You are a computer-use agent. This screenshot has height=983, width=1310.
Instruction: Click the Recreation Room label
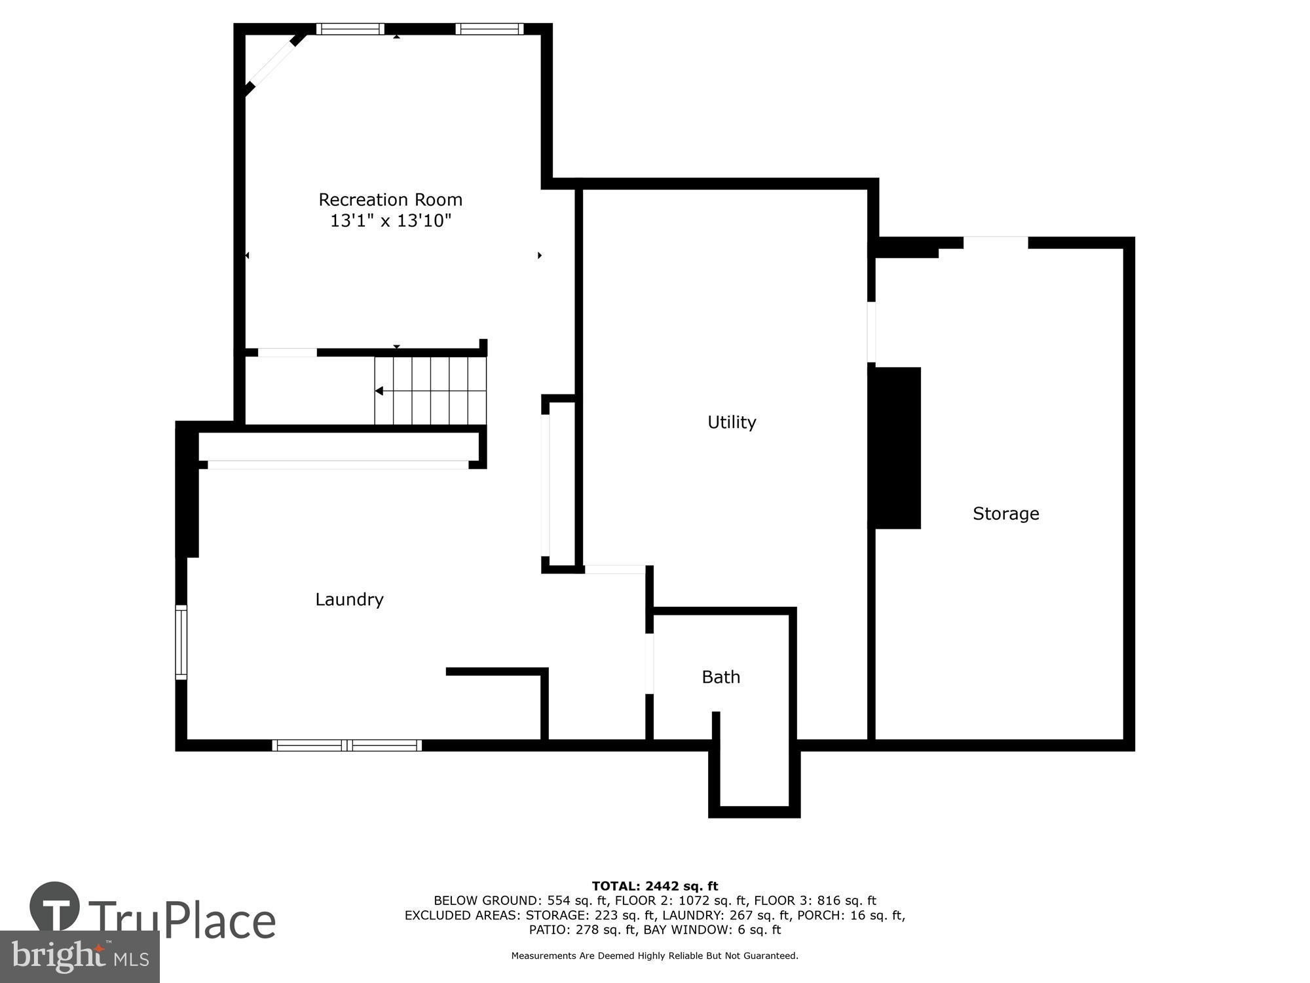click(390, 199)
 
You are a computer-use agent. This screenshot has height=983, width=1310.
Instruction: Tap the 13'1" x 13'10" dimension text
click(390, 221)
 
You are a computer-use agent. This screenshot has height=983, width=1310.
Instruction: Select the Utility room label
click(732, 422)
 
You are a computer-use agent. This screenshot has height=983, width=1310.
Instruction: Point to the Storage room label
click(1005, 514)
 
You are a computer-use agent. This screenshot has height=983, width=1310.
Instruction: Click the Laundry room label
click(349, 600)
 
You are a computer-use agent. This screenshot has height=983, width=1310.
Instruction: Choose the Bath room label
click(720, 677)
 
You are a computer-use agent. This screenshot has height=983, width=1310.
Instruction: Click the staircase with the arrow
click(430, 391)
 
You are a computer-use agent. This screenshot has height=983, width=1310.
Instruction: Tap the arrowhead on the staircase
click(379, 391)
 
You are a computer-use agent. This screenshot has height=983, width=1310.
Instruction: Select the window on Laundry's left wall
click(181, 642)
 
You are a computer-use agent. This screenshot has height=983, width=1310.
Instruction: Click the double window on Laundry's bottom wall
click(347, 745)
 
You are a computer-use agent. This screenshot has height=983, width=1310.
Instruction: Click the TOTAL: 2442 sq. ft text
click(654, 887)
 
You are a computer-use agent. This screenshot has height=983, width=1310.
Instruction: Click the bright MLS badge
click(79, 957)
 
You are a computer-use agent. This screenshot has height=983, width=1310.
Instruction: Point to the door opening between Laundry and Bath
click(650, 663)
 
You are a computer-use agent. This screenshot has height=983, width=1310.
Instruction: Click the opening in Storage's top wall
click(995, 242)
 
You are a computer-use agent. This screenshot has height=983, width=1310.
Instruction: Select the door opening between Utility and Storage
click(872, 332)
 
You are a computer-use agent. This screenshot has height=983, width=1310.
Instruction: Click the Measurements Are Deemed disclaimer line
click(654, 956)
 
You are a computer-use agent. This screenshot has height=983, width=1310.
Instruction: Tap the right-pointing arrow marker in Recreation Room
click(540, 256)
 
